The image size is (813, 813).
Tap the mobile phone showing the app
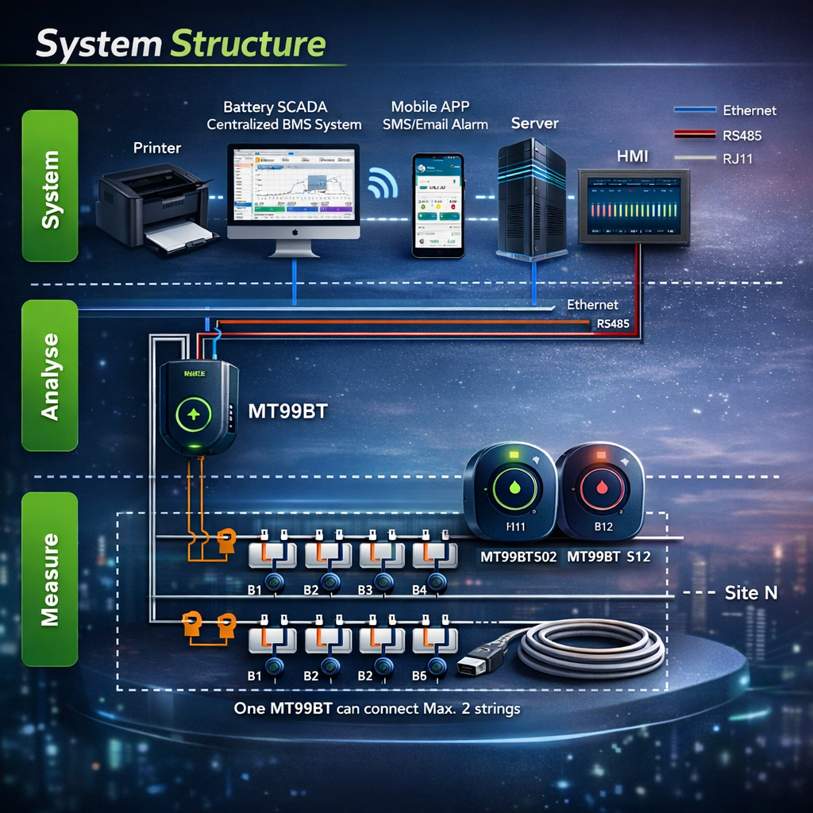437,205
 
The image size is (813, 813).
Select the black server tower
531,198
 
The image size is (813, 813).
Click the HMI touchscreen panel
634,205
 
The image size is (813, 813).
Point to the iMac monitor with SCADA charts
293,191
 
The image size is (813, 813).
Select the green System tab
50,186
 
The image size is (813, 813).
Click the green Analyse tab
50,376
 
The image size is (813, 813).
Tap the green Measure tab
50,579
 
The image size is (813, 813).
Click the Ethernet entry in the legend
749,110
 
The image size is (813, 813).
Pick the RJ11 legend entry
738,159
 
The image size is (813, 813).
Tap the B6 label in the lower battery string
420,676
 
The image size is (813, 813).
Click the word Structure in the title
249,44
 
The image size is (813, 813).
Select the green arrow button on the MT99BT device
193,414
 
